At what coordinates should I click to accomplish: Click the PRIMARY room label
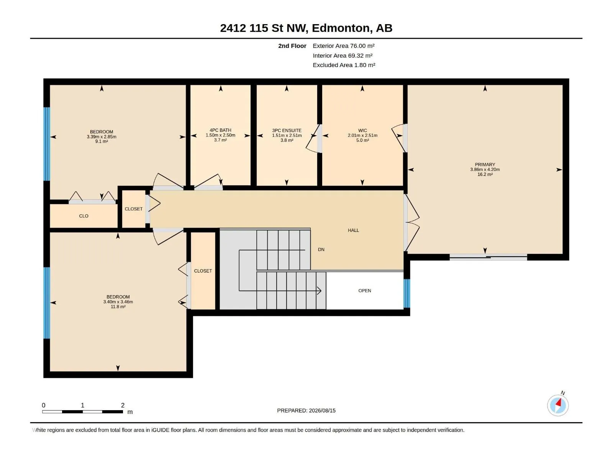click(x=485, y=164)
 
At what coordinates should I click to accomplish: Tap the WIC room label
click(x=362, y=130)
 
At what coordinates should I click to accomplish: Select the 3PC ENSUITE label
click(x=287, y=130)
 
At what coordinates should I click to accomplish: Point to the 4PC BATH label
click(x=220, y=130)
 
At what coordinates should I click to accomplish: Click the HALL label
click(x=353, y=230)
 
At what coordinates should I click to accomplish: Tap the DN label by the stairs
click(x=321, y=250)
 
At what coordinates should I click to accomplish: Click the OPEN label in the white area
click(x=364, y=291)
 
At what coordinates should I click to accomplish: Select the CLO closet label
click(x=84, y=216)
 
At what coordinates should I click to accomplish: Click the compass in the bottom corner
click(x=557, y=405)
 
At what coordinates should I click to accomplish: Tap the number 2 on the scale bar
click(x=123, y=405)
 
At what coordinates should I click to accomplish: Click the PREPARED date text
click(x=306, y=411)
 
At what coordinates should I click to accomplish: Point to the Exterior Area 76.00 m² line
click(x=344, y=46)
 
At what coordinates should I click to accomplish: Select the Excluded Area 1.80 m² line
click(x=344, y=65)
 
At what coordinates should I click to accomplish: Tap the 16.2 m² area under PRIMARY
click(x=485, y=174)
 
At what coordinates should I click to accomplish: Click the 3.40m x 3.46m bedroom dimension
click(x=118, y=302)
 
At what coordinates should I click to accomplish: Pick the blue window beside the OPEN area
click(x=406, y=293)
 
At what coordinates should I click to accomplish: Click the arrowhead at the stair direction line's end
click(x=319, y=291)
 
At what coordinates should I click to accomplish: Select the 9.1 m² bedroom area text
click(x=102, y=141)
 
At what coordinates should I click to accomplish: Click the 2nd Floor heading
click(x=292, y=46)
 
